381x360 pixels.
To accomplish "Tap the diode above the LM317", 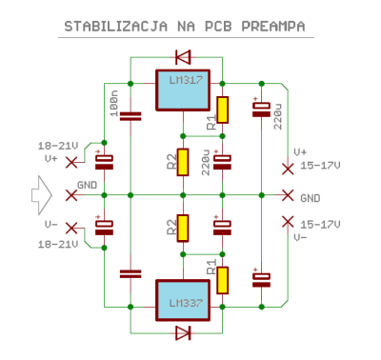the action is (x=182, y=56).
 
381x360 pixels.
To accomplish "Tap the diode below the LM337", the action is (x=182, y=332).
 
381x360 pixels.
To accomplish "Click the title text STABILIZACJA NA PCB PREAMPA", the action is (x=191, y=26).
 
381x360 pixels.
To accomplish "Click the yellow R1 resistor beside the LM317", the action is (x=223, y=110).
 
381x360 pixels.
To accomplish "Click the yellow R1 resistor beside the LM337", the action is (x=223, y=279).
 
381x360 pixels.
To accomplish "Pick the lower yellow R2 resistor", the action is (x=183, y=228).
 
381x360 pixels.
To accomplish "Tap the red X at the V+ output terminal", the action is (x=287, y=170).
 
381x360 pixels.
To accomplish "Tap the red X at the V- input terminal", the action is (x=71, y=230).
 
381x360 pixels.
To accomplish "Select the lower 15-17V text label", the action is (x=321, y=224).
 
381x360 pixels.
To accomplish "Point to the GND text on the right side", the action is (x=311, y=198).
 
